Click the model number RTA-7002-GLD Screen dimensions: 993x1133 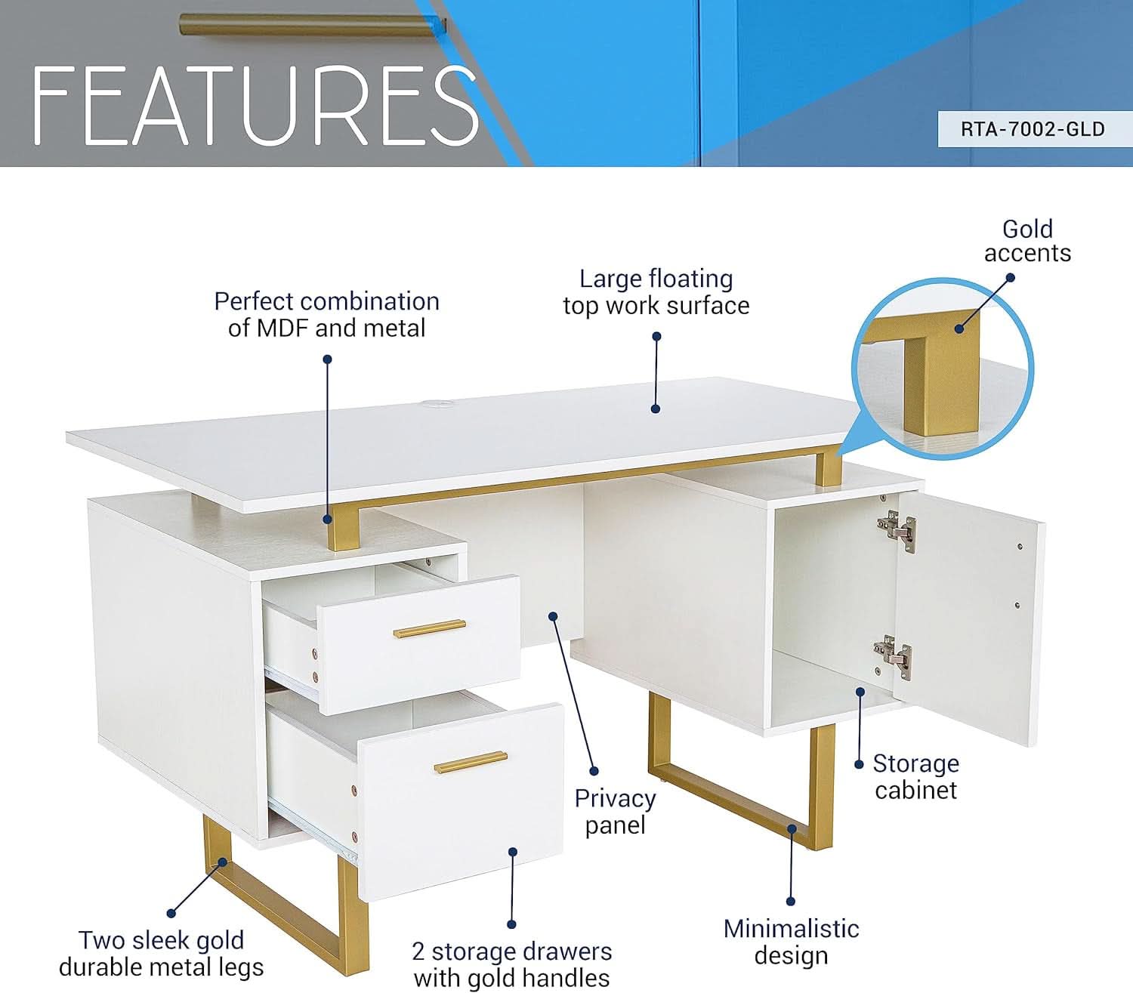click(1032, 129)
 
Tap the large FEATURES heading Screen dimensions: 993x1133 click(255, 106)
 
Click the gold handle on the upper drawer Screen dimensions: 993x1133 click(429, 628)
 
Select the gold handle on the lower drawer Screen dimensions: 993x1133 click(471, 762)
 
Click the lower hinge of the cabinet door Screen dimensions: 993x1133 click(894, 654)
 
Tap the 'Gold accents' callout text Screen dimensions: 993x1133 click(1027, 241)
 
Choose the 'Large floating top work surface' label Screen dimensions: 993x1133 click(656, 292)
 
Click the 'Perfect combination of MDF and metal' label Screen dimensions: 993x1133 click(326, 314)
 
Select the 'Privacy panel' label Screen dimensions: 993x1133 click(615, 811)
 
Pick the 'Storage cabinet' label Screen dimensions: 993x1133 click(915, 776)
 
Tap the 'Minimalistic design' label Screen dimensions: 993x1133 click(791, 942)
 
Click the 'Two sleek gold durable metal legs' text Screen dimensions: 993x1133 click(161, 953)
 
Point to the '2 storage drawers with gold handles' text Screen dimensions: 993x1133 click(511, 964)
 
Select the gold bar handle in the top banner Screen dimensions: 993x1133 click(313, 25)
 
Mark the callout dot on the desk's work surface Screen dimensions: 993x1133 click(656, 409)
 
